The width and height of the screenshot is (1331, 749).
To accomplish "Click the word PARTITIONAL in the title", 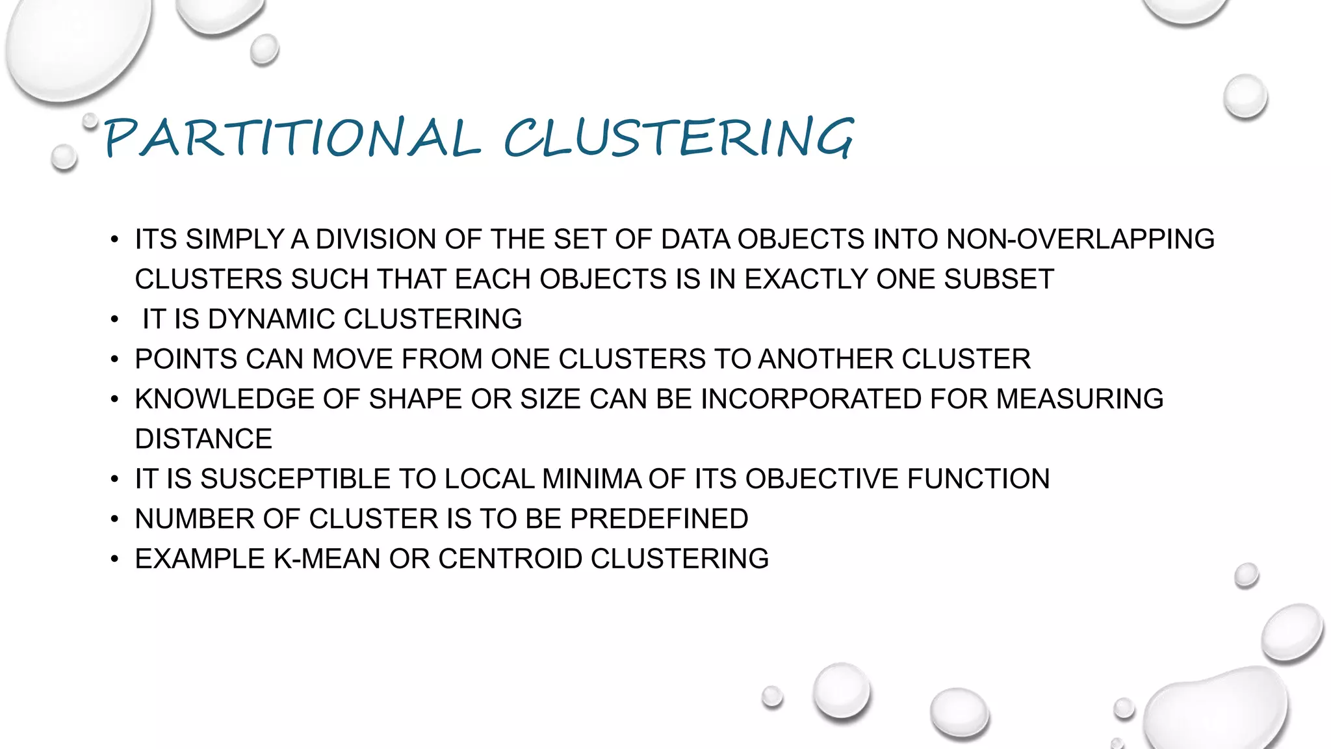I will pos(292,138).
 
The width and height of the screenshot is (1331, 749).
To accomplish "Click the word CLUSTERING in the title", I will pos(678,138).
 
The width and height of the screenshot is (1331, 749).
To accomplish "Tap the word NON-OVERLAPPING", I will pos(1080,239).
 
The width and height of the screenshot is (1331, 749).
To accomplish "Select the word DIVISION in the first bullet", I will pos(376,239).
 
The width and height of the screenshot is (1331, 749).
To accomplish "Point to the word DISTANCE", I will pos(203,440).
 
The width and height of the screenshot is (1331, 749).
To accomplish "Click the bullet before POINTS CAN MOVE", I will pos(115,360).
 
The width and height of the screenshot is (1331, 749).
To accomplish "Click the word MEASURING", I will pos(1079,399).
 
